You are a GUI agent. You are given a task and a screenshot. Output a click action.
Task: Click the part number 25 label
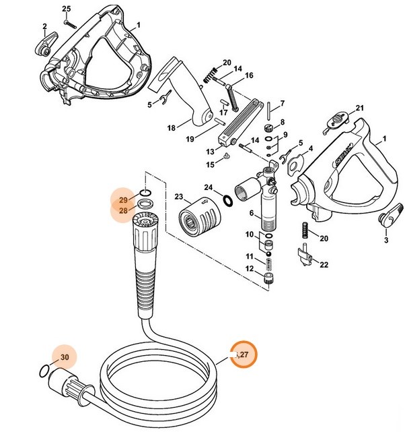[66, 8]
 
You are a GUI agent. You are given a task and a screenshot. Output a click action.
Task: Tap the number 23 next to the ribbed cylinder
[178, 197]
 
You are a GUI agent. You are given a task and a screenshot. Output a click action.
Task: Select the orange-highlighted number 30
[65, 357]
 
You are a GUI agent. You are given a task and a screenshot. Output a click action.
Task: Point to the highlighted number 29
[123, 200]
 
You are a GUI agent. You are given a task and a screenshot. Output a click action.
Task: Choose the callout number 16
[248, 75]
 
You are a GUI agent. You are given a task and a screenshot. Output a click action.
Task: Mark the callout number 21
[359, 108]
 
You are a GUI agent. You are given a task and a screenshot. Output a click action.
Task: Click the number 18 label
[171, 127]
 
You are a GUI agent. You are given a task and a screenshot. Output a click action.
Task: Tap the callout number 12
[250, 269]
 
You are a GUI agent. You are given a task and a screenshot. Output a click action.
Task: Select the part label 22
[324, 264]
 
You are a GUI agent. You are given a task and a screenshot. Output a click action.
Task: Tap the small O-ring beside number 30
[43, 370]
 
